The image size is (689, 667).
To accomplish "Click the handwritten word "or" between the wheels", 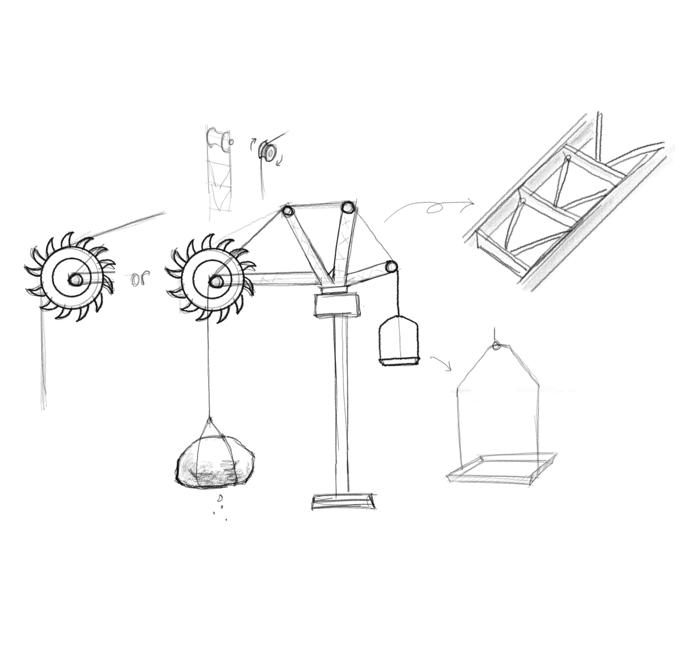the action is [140, 278].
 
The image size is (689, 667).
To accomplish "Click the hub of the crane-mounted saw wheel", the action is [215, 282].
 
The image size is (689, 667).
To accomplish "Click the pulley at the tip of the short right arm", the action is [391, 267].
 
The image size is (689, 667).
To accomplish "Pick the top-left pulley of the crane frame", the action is [288, 213].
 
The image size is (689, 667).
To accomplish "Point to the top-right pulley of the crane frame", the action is [348, 207].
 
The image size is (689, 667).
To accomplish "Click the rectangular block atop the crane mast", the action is [337, 305].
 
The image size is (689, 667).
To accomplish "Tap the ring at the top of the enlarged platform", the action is [495, 346].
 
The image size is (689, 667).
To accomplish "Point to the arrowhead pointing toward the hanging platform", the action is [448, 367].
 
